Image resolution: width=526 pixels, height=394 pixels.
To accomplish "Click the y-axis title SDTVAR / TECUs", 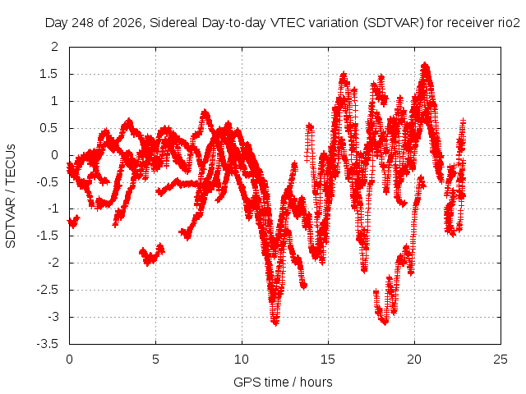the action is (x=11, y=196).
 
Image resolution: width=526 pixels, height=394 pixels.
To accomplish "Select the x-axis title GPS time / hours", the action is (x=283, y=382).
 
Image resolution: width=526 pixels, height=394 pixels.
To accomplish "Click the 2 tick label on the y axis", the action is (x=55, y=47).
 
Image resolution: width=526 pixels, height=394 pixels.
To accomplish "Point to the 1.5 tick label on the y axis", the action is (x=48, y=74).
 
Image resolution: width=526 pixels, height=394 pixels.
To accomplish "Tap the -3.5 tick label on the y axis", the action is (x=48, y=344).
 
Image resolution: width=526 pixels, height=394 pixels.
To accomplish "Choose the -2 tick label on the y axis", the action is (x=53, y=263).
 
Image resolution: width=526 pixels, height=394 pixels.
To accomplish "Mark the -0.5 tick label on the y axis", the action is (x=48, y=182).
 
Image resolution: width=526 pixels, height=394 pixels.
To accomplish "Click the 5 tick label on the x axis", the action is (x=155, y=360).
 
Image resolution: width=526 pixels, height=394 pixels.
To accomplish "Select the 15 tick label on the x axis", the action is (x=328, y=360).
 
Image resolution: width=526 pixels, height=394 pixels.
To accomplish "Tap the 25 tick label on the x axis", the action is (x=501, y=360).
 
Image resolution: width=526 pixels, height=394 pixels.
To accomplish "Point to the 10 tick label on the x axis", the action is (x=242, y=360).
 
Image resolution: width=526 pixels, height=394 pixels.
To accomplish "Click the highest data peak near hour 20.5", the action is (x=426, y=64).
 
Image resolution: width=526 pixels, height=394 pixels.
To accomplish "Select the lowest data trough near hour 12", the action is (x=275, y=323).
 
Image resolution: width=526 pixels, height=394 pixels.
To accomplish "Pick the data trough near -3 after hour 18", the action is (x=385, y=322).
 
